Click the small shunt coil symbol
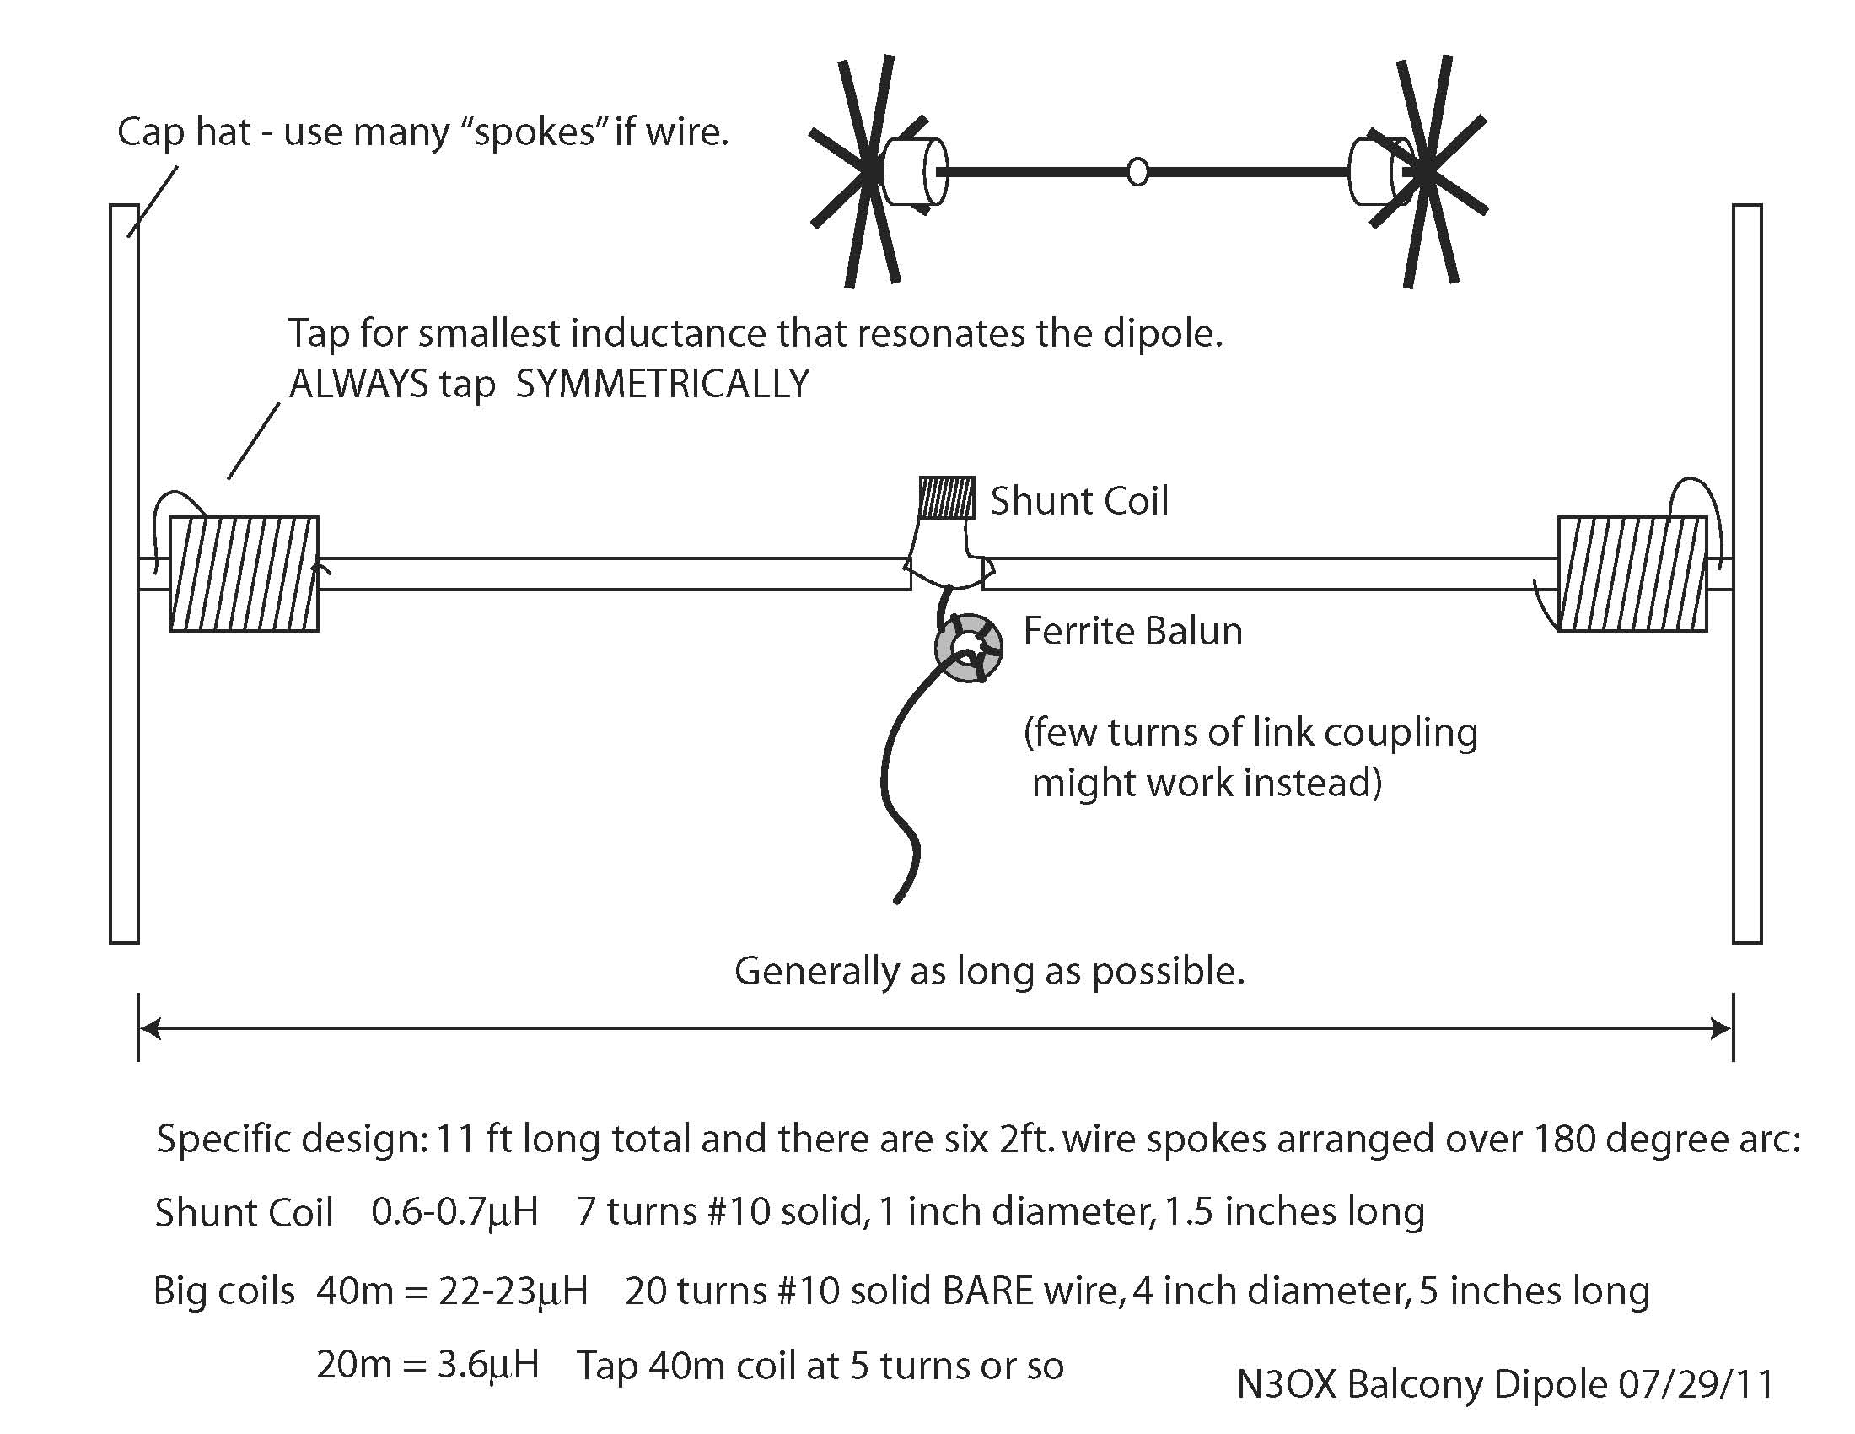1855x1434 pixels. click(x=946, y=498)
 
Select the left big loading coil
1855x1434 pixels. click(x=245, y=574)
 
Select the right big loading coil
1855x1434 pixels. click(x=1632, y=574)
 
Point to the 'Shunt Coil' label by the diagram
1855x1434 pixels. click(x=1079, y=501)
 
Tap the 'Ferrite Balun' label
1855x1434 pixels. click(x=1132, y=631)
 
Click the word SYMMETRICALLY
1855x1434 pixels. click(x=663, y=385)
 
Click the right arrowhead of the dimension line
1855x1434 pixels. click(x=1722, y=1029)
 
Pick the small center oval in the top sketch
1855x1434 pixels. click(x=1137, y=171)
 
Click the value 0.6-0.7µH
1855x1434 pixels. click(x=454, y=1211)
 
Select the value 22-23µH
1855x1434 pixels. click(x=513, y=1291)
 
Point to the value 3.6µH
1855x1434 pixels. click(x=488, y=1365)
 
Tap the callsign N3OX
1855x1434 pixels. click(x=1286, y=1385)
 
